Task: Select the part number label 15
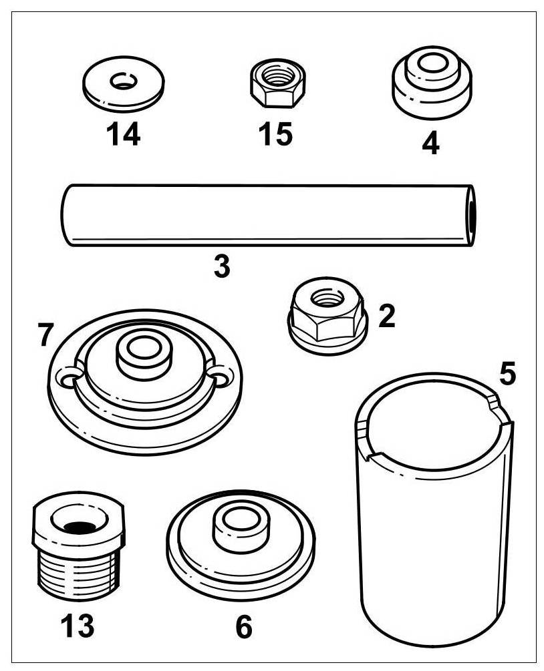(275, 134)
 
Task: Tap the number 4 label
(431, 143)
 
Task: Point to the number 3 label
(222, 266)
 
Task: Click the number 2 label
(386, 316)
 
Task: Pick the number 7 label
(45, 335)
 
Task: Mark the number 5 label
(508, 375)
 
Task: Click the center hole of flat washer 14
(124, 83)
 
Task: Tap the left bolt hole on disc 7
(67, 379)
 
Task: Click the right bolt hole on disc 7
(219, 379)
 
